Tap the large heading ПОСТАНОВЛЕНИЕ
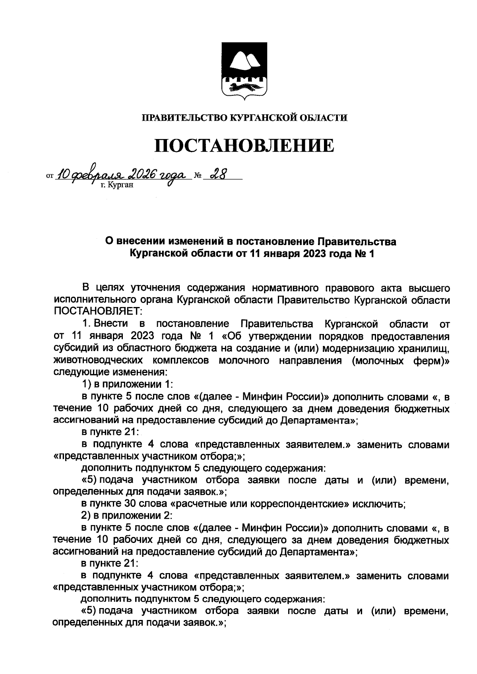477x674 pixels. click(x=244, y=146)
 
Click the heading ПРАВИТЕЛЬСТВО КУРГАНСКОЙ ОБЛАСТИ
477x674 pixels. click(x=245, y=118)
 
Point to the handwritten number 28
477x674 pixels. click(x=217, y=174)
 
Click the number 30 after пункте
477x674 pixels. click(x=128, y=504)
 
